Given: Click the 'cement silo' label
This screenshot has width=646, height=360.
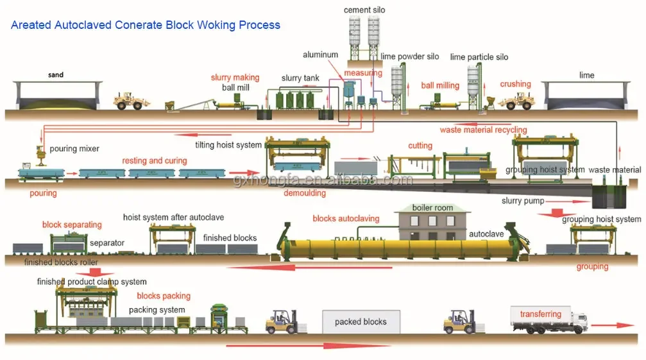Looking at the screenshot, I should pyautogui.click(x=364, y=10).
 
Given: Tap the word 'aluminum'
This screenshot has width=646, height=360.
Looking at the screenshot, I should pyautogui.click(x=321, y=55).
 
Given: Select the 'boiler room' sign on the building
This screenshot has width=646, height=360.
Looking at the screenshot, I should pyautogui.click(x=432, y=208).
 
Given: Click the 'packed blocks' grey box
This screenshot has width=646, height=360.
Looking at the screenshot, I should pyautogui.click(x=361, y=321).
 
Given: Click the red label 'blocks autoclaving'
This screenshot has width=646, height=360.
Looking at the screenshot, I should pyautogui.click(x=346, y=219).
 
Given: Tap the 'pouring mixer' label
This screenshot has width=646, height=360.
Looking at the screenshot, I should pyautogui.click(x=74, y=149).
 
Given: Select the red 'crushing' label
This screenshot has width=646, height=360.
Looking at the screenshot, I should pyautogui.click(x=515, y=84).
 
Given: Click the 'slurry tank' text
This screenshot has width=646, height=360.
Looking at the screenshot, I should pyautogui.click(x=300, y=78).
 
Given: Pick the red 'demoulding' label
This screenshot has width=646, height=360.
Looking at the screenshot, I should pyautogui.click(x=305, y=193).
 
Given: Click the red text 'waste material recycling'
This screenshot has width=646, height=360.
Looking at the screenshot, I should pyautogui.click(x=483, y=130).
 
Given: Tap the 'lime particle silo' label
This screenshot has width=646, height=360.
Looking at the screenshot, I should pyautogui.click(x=479, y=57).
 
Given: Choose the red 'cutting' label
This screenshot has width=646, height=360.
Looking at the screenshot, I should pyautogui.click(x=420, y=146).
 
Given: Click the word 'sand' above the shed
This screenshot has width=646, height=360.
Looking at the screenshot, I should pyautogui.click(x=56, y=75).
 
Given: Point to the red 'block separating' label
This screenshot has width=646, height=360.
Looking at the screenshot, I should pyautogui.click(x=72, y=225).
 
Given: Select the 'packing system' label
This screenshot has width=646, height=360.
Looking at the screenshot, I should pyautogui.click(x=157, y=310).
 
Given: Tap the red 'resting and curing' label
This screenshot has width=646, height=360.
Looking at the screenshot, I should pyautogui.click(x=155, y=160).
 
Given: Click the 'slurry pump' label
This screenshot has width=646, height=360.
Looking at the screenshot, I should pyautogui.click(x=523, y=201).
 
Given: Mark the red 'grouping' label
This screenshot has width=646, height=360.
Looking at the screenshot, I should pyautogui.click(x=592, y=266).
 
